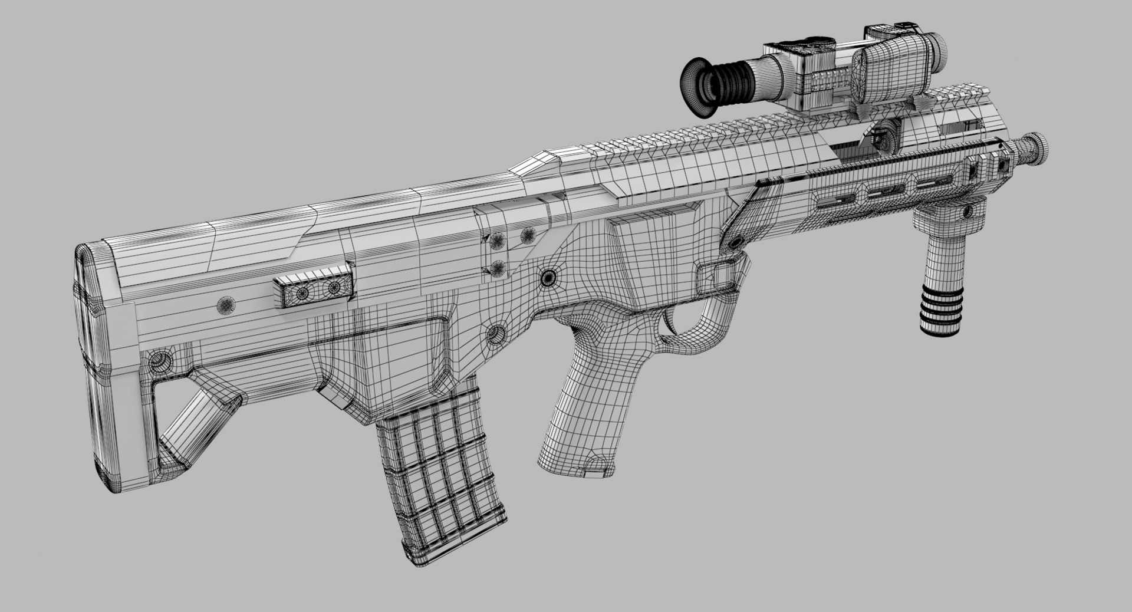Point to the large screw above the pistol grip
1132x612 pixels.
pos(549,277)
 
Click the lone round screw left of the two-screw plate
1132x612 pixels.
pos(226,305)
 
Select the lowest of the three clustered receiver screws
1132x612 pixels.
pos(498,269)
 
